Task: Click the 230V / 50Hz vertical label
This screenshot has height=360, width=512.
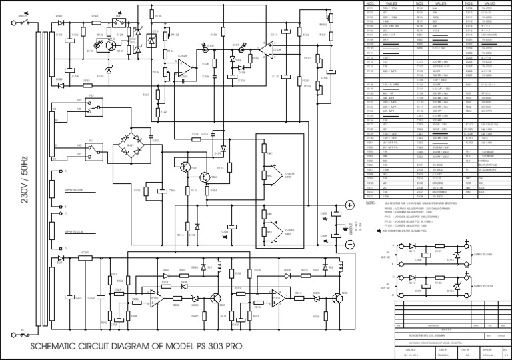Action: (x=25, y=180)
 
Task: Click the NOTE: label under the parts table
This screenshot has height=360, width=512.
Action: (x=371, y=203)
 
